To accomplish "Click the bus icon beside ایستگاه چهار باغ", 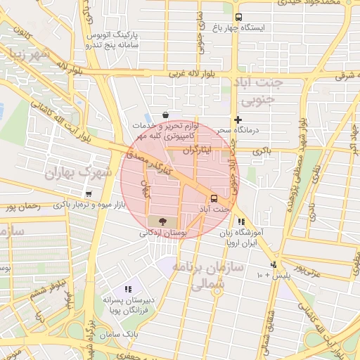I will (x=238, y=17).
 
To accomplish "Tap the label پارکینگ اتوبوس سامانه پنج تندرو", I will (x=114, y=39).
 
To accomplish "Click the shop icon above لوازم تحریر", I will (x=165, y=115).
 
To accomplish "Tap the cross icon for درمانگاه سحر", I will (x=238, y=120).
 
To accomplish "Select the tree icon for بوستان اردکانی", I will (x=163, y=221).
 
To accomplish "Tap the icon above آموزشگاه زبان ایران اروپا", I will (x=242, y=222).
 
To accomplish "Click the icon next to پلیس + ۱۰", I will (x=274, y=264).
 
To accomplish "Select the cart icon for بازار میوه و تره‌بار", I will (x=89, y=194).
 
